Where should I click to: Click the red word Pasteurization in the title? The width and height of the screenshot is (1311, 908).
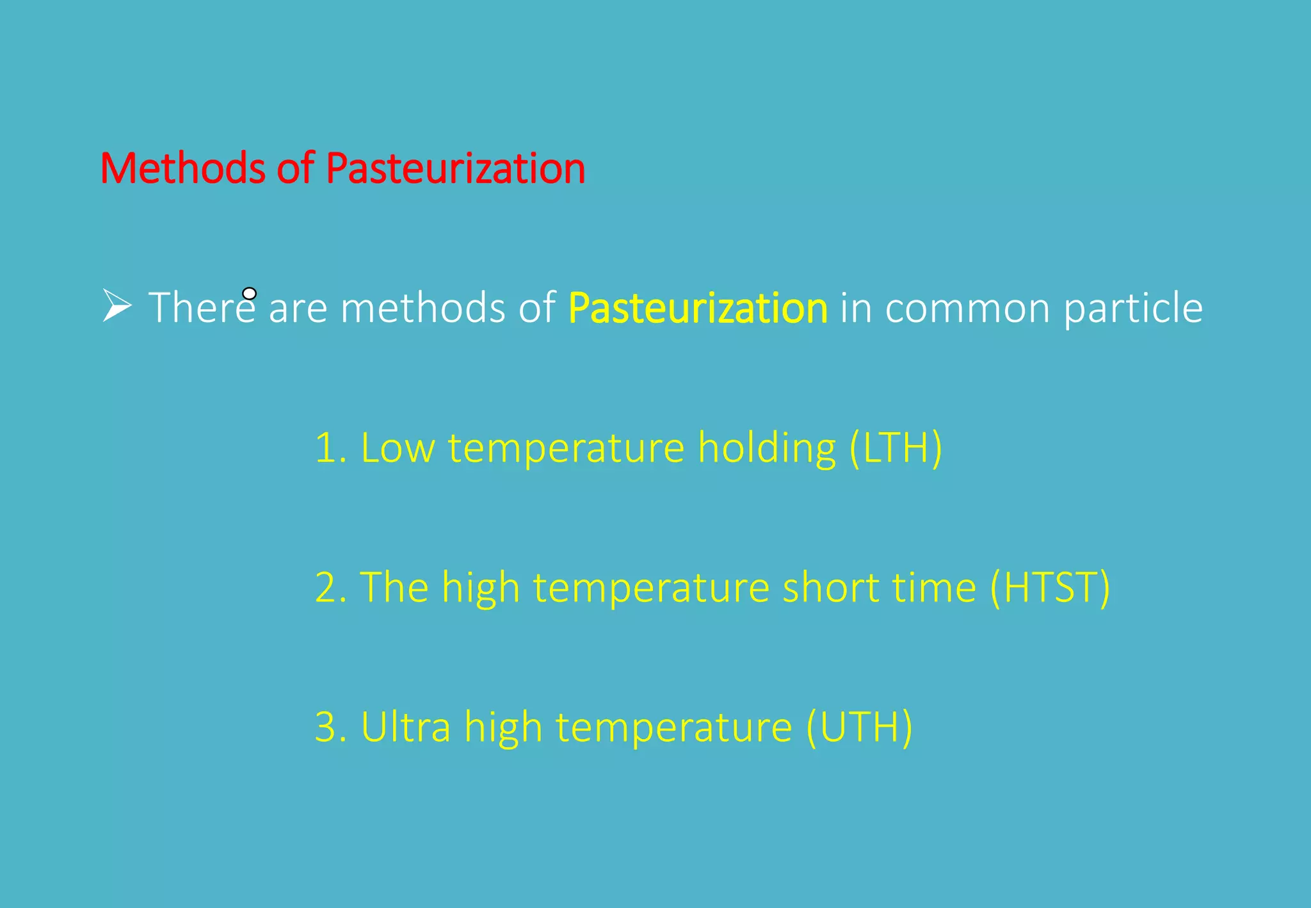455,168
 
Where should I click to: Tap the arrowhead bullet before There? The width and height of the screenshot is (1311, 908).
117,305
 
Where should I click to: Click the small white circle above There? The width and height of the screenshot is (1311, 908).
250,294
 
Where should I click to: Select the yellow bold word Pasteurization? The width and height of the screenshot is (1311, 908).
698,308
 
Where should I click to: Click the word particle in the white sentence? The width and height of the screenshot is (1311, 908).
1133,308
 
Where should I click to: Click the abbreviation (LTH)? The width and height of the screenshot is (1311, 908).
896,448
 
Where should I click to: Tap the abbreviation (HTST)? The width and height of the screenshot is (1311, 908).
1050,587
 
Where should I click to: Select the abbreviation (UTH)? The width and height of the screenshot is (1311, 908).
859,727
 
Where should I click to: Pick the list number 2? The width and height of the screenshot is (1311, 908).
329,587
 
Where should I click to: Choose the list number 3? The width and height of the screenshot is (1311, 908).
329,727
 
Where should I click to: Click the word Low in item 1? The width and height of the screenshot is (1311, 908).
398,448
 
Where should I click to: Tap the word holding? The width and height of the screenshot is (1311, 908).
766,448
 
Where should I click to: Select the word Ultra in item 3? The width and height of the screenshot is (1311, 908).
406,727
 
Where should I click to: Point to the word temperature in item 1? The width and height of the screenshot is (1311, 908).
566,448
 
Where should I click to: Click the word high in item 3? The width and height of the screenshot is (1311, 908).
503,727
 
